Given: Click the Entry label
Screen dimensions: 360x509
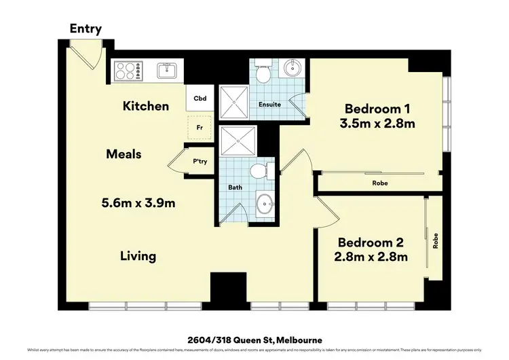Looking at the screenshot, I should [86, 29].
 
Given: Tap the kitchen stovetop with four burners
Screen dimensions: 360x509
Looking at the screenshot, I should [129, 70].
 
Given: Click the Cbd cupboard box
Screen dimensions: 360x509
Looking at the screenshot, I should [200, 98].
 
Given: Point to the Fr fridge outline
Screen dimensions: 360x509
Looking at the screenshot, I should [200, 126].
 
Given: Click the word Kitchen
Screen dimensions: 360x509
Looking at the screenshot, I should [145, 106].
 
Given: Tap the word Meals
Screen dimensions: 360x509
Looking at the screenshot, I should [124, 154].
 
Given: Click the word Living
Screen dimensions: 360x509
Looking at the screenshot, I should [138, 256].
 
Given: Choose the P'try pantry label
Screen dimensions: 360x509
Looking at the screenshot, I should [200, 162].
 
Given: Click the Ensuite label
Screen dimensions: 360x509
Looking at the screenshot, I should [270, 105].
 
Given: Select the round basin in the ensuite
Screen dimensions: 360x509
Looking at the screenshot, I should [293, 69].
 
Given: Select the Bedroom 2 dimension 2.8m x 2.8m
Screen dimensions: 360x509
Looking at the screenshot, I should [373, 257].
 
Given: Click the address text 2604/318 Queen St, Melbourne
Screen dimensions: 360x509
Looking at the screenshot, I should [254, 339].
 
